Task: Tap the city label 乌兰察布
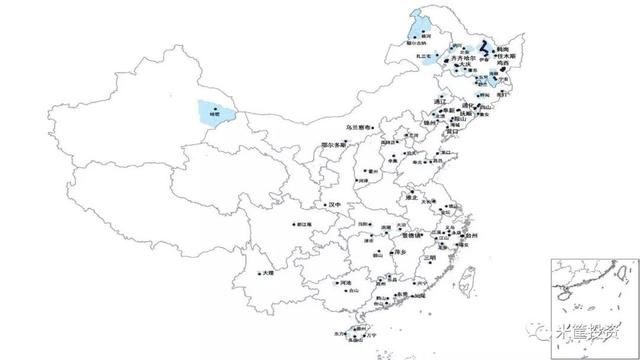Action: (x=358, y=128)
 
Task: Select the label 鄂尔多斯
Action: (x=335, y=146)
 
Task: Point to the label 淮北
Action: (x=410, y=198)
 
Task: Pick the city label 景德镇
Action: (x=414, y=236)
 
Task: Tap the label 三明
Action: (x=431, y=258)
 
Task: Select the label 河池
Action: (x=346, y=285)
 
